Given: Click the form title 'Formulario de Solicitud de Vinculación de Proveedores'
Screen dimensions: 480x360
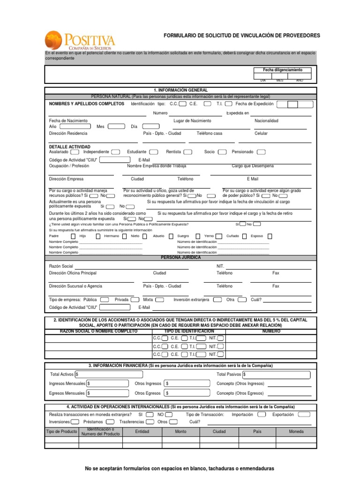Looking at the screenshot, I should point(241,36).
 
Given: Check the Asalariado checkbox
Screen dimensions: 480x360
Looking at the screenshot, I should point(75,152).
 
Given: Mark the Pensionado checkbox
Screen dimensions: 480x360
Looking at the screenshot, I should point(261,152).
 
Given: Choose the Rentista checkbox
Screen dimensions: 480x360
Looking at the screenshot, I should point(187,152).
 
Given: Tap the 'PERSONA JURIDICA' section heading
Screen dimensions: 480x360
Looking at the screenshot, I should point(180,258).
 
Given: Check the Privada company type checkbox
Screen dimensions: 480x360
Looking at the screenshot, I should point(135,300).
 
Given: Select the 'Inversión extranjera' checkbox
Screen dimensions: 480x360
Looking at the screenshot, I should point(217,300).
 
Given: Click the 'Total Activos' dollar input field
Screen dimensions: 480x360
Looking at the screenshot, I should point(108,375).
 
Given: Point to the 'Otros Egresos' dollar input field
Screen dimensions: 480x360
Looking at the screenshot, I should point(187,393).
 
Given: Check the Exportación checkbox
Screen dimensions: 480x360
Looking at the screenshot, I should point(304,414).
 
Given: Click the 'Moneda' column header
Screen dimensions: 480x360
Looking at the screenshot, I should point(296,431).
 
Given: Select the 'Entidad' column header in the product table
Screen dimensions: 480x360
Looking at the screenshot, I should point(142,431).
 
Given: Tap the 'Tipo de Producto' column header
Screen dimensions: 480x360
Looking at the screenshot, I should point(61,431).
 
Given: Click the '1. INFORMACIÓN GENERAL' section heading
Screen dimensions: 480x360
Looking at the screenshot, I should point(180,90).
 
